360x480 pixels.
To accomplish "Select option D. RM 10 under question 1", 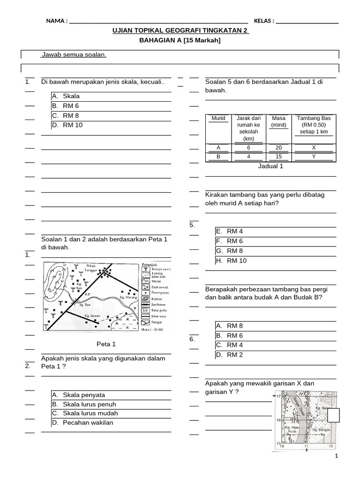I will pyautogui.click(x=72, y=125).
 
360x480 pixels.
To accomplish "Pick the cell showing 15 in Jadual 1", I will pyautogui.click(x=278, y=157).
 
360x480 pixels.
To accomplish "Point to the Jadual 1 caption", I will pyautogui.click(x=271, y=166).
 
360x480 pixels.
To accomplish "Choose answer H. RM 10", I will pyautogui.click(x=236, y=261).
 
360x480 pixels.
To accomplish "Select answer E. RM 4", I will pyautogui.click(x=234, y=231).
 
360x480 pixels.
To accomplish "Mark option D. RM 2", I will pyautogui.click(x=234, y=355).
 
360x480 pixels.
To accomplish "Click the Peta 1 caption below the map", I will pyautogui.click(x=106, y=344).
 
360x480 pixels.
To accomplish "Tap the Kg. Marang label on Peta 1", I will pyautogui.click(x=128, y=297).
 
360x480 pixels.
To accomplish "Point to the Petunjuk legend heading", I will pyautogui.click(x=150, y=264).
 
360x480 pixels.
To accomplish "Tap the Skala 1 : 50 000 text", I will pyautogui.click(x=152, y=330).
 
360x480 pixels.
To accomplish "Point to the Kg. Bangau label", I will pyautogui.click(x=322, y=429).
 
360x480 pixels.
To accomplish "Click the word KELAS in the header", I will pyautogui.click(x=263, y=21).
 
